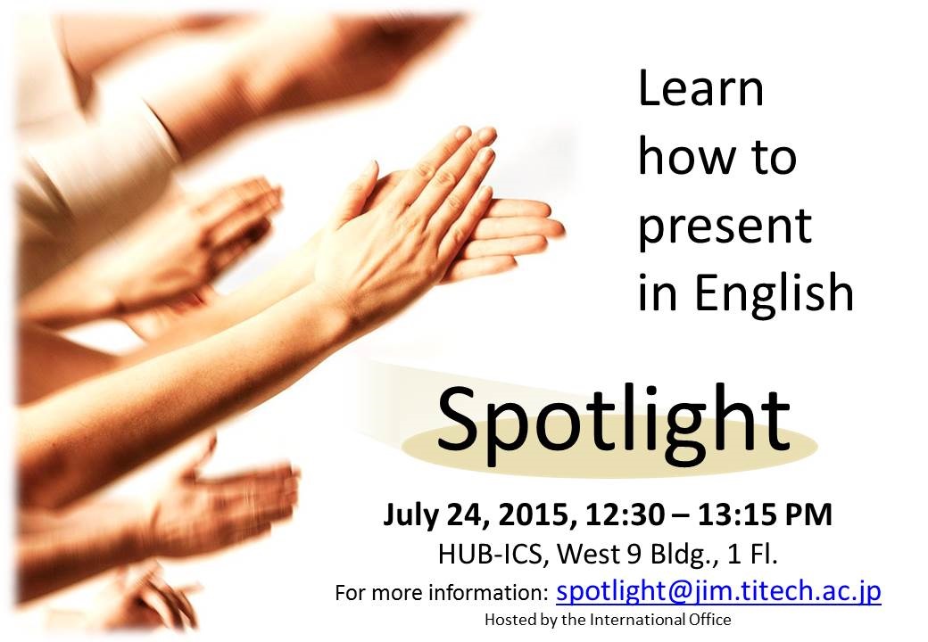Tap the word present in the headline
pyautogui.click(x=725, y=227)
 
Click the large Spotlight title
pyautogui.click(x=614, y=421)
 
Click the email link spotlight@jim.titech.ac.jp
pyautogui.click(x=718, y=591)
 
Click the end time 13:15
pyautogui.click(x=736, y=514)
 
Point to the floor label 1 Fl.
pyautogui.click(x=753, y=555)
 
